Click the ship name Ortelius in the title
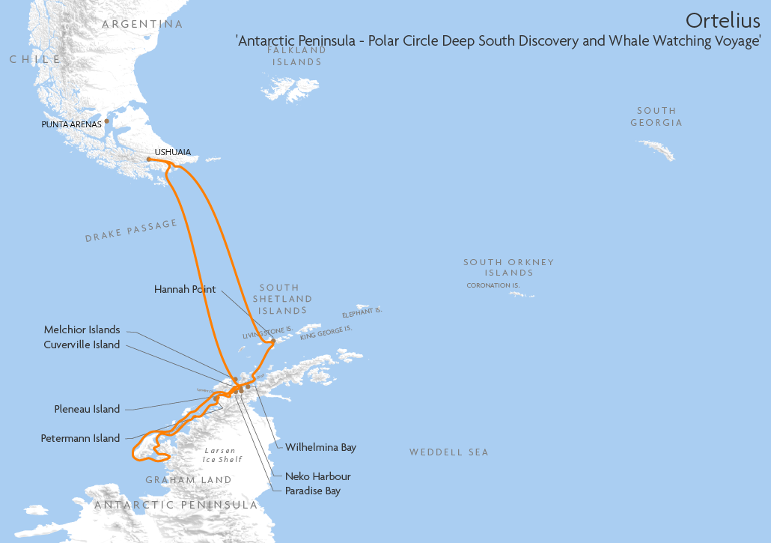[723, 19]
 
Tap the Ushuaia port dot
[149, 160]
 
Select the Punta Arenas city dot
[107, 121]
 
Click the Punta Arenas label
[71, 124]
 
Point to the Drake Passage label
[131, 231]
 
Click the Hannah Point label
[185, 288]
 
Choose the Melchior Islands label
[82, 330]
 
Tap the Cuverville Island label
[82, 345]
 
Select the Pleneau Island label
[87, 409]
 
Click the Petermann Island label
[80, 438]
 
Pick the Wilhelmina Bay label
[320, 447]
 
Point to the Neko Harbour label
[317, 476]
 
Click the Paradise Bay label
[312, 491]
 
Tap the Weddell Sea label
[448, 452]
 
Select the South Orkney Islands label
[508, 267]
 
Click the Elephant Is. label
[362, 312]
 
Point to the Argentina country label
[142, 24]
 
